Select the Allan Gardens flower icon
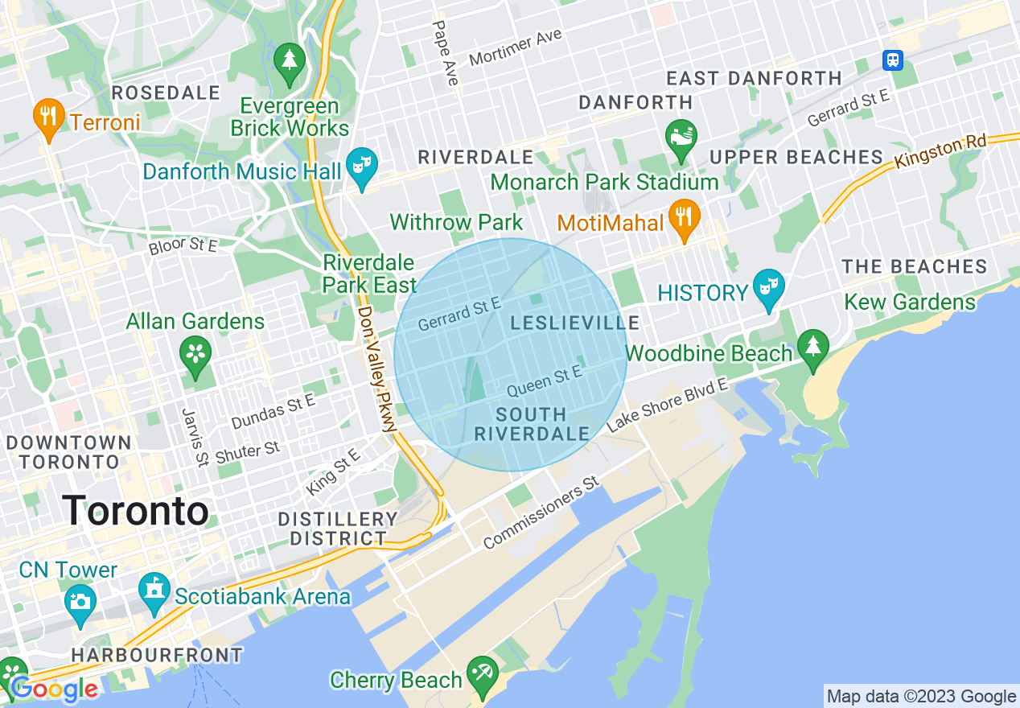tap(195, 355)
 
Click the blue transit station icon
tap(892, 60)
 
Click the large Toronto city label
tap(135, 511)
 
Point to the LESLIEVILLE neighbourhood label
tap(575, 323)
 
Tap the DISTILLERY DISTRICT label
tap(338, 529)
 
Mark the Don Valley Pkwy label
tap(376, 369)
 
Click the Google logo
tap(54, 689)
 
